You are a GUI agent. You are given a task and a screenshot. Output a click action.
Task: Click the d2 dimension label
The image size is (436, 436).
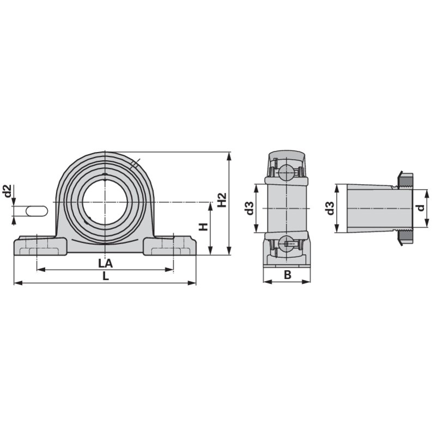point(8,191)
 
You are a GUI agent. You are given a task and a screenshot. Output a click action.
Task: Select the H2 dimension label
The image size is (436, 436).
point(222,200)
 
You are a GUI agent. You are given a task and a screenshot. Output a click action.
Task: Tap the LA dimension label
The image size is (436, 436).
point(106,263)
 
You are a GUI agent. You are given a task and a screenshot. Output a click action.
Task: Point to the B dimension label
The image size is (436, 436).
point(288,275)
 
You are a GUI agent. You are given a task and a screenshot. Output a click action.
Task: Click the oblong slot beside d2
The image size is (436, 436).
point(37,210)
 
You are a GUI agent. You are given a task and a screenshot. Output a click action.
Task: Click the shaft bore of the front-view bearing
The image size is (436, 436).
point(105,202)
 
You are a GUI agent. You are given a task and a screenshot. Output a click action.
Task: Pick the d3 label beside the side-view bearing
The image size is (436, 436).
point(250,208)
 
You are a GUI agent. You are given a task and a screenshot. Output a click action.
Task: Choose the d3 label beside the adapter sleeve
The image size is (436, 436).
point(330,208)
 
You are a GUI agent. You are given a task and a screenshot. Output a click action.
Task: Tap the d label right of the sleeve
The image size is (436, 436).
point(421,208)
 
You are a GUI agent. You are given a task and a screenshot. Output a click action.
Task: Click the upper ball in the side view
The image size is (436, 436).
point(286,172)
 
